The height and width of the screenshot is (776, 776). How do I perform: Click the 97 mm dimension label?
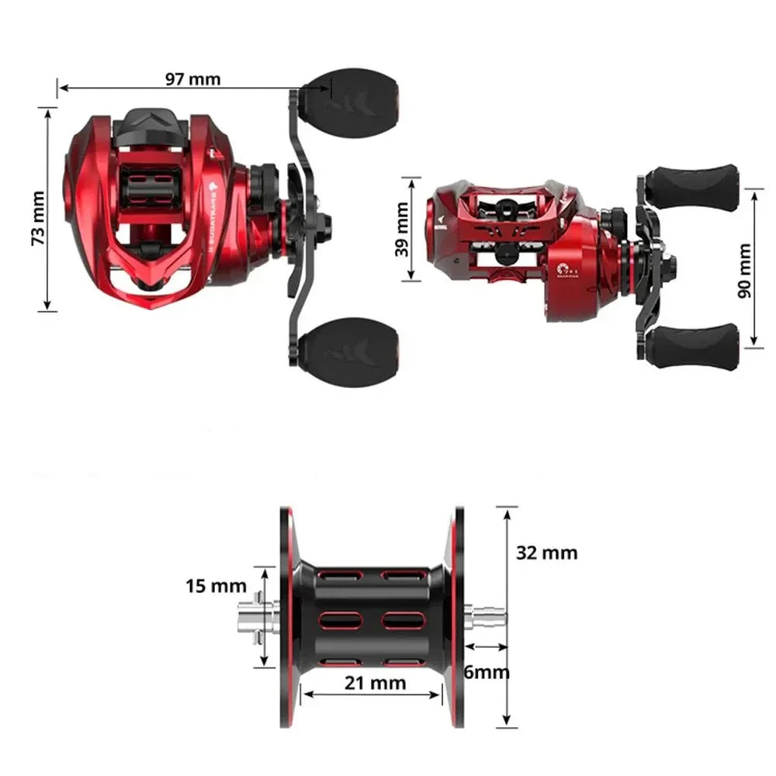coord(192,78)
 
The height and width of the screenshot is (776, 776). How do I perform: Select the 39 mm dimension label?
coord(401,230)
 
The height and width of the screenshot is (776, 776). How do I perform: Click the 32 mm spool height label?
coord(546,553)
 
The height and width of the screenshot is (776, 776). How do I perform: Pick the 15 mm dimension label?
coord(216,586)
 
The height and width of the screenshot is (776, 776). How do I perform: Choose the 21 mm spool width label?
coord(376,683)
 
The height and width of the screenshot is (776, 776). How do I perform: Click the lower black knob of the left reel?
coord(349,347)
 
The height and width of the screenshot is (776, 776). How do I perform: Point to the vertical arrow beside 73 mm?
coord(49,210)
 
